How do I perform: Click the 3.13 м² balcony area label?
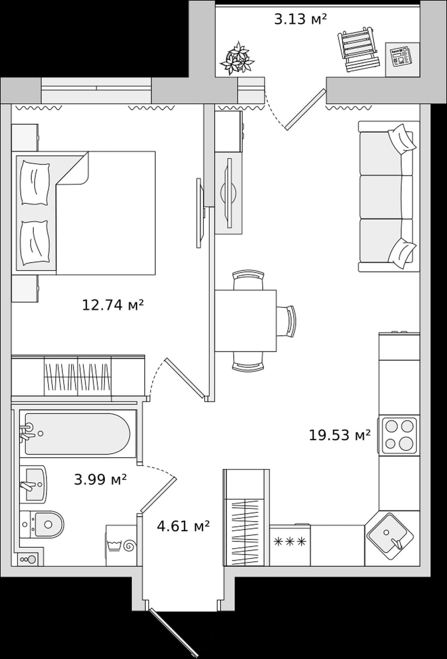click(300, 20)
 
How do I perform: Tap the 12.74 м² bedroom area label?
click(113, 305)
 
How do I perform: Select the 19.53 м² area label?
click(339, 436)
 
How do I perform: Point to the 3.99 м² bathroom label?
click(100, 480)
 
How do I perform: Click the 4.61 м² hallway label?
click(183, 526)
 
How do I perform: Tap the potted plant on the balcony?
click(237, 58)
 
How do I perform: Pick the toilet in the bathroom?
click(42, 524)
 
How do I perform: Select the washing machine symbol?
click(121, 545)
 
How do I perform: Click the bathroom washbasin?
click(33, 484)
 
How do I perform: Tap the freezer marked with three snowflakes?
click(290, 545)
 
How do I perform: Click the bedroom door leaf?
click(185, 378)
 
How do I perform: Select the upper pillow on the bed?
click(34, 183)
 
